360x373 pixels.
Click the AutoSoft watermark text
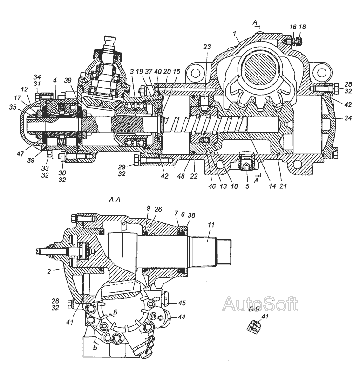click(x=260, y=304)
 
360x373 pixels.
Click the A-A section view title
click(x=115, y=200)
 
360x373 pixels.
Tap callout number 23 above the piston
click(x=207, y=47)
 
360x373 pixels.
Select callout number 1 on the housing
click(x=235, y=33)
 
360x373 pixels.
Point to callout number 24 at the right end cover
click(x=348, y=118)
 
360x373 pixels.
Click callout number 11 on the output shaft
click(x=211, y=225)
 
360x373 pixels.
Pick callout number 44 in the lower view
click(x=182, y=317)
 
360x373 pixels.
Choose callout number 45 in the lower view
click(x=182, y=303)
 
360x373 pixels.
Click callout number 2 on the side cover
click(x=49, y=271)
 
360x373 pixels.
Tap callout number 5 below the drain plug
click(x=247, y=186)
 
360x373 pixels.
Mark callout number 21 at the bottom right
click(x=283, y=186)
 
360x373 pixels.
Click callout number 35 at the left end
click(x=13, y=107)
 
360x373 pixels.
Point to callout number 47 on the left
click(x=20, y=154)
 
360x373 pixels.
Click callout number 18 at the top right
click(x=302, y=27)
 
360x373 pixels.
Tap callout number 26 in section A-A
click(x=158, y=209)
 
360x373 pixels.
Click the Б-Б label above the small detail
click(x=254, y=310)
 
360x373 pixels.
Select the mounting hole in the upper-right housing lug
click(x=322, y=73)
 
